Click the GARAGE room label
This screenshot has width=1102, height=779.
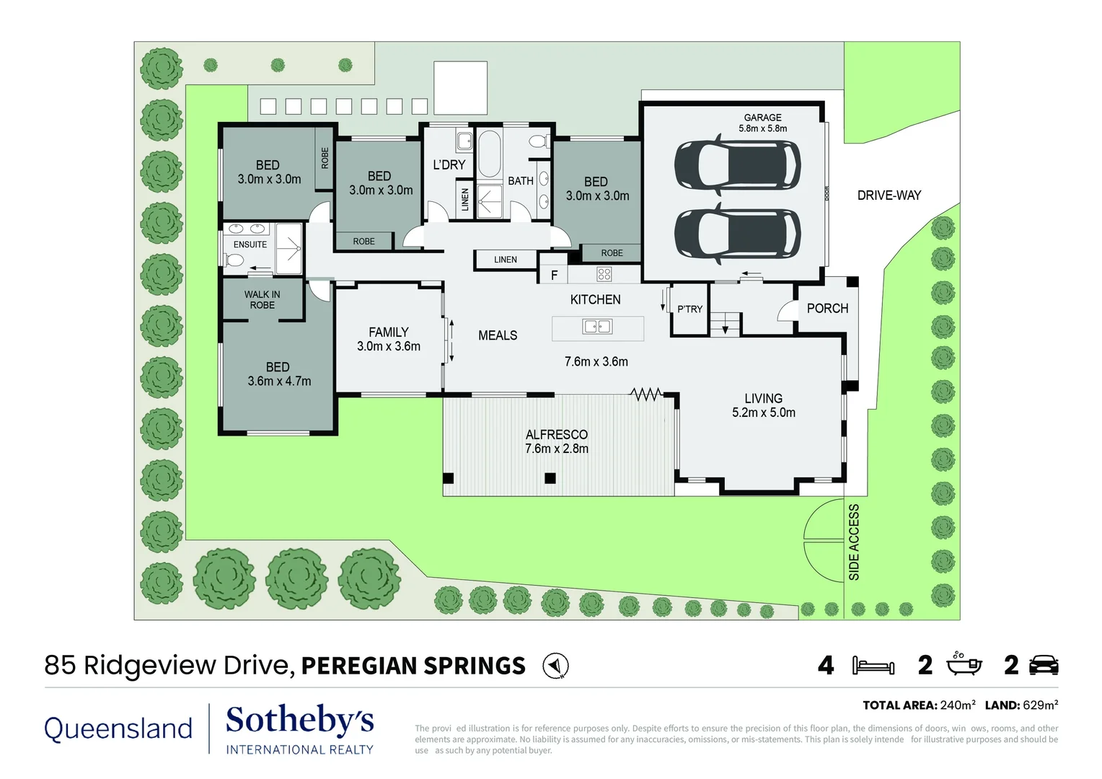coord(762,118)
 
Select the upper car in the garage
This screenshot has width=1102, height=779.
coord(736,165)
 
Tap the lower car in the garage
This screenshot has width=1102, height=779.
coord(736,233)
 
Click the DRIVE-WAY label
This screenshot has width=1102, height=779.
coord(889,195)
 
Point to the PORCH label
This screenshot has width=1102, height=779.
coord(827,309)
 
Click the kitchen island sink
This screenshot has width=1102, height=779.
coord(597,327)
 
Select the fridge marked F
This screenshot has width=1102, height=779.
coord(554,275)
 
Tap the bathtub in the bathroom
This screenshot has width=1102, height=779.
coord(490,153)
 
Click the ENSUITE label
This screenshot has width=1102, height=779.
coord(250,245)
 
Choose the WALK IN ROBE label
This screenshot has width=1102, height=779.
coord(262,299)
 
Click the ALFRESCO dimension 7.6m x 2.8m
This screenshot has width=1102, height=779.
coord(556,449)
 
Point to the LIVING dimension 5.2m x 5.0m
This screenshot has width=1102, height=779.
coord(763,413)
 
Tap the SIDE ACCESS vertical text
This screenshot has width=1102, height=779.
coord(854,542)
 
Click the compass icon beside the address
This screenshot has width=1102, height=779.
coord(555,665)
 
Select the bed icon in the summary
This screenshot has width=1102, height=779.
coord(873,665)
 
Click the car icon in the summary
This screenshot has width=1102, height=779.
coord(1044,665)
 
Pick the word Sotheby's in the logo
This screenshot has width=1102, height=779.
coord(299,721)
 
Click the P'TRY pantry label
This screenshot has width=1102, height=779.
coord(689,309)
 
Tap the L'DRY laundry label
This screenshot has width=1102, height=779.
coord(449,165)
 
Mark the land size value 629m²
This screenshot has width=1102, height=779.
coord(1040,705)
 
